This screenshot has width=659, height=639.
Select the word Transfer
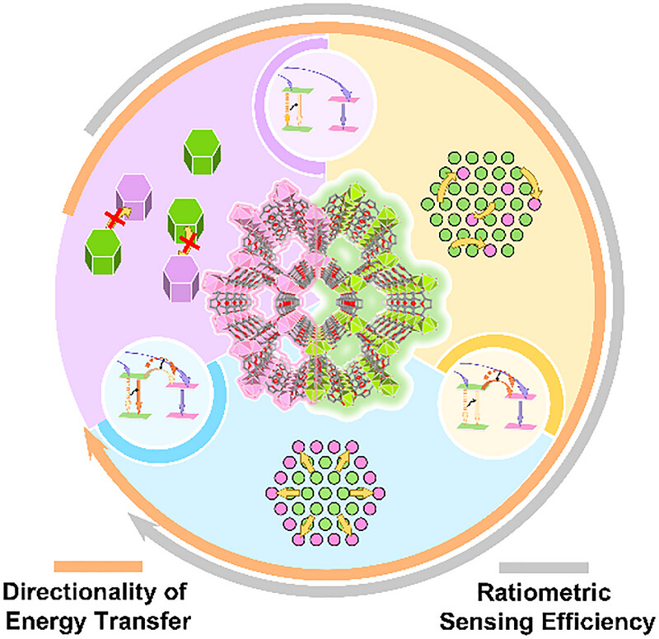point(142,621)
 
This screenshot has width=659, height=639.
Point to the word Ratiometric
point(544,592)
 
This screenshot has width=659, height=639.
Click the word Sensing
point(486,622)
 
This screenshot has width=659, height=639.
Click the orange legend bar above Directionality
point(98,566)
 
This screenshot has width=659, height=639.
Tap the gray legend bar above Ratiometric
point(544,567)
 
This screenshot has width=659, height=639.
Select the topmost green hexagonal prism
point(202,152)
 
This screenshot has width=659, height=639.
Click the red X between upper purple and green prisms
point(115,219)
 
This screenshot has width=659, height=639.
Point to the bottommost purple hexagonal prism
point(181,278)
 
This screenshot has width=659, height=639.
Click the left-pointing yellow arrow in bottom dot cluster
point(290,493)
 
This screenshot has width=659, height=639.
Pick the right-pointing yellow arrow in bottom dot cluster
point(361,493)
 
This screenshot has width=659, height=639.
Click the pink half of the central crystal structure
point(264,294)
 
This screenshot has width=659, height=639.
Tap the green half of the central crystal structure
point(378,294)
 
